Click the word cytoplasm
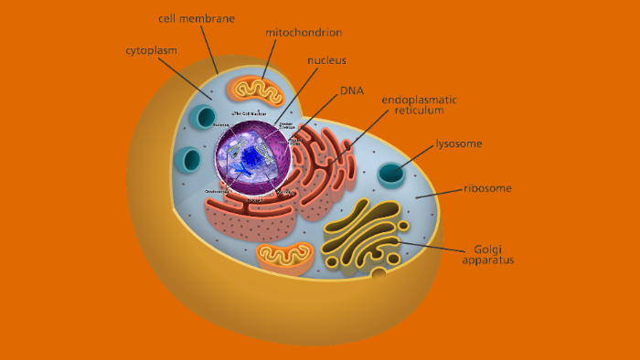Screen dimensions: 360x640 [x=152, y=50]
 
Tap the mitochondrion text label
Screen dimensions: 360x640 [x=304, y=33]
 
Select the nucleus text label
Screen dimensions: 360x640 [x=326, y=61]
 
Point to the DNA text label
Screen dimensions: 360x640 [x=352, y=90]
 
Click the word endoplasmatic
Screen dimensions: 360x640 [x=420, y=100]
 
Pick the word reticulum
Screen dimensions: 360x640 [x=419, y=111]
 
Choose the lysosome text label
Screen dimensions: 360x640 [x=459, y=143]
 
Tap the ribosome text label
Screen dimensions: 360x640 [x=486, y=188]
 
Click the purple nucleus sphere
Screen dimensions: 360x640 [x=253, y=160]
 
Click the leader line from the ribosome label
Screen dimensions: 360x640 [x=439, y=194]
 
